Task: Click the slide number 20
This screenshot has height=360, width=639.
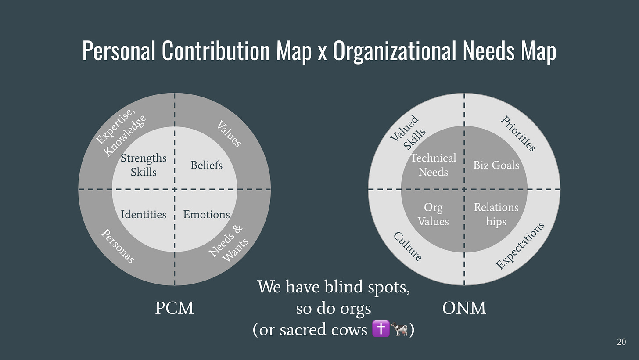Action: (621, 342)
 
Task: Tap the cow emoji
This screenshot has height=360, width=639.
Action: (399, 329)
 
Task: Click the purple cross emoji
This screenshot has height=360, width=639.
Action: (381, 329)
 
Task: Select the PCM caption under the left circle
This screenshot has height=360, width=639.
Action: (174, 308)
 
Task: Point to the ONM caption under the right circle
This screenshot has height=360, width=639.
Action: (464, 308)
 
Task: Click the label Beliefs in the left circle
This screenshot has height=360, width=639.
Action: (206, 166)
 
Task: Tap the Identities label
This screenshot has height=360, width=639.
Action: (144, 215)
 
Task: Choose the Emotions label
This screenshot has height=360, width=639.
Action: (206, 215)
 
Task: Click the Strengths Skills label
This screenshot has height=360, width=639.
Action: (144, 165)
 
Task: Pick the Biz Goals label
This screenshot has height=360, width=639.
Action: (496, 166)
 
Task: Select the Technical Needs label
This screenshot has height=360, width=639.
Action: (433, 165)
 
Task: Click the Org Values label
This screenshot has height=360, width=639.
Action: (433, 215)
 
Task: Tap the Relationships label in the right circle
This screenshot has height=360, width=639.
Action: (496, 215)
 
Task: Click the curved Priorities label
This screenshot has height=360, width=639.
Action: (518, 133)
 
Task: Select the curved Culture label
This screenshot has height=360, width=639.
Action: (408, 246)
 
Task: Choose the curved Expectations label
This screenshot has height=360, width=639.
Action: (520, 245)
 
